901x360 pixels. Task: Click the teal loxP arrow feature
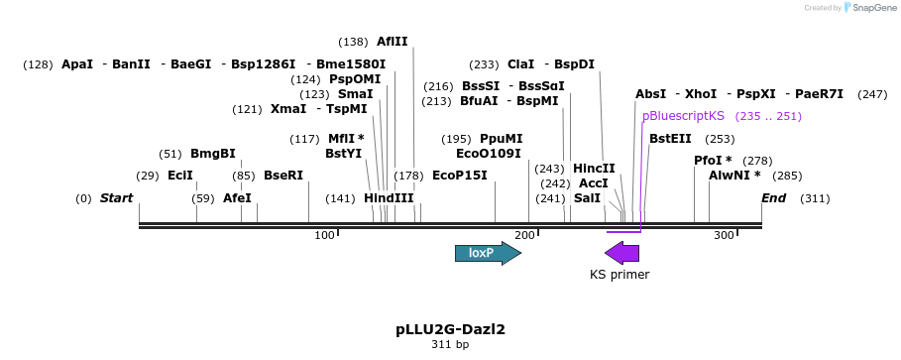coord(487,253)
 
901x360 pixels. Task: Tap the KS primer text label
coord(619,275)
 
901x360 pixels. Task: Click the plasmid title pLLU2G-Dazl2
coord(450,327)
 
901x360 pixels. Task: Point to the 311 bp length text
coord(450,345)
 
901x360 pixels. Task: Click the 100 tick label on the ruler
coord(324,235)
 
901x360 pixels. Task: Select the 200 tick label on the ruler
coord(524,235)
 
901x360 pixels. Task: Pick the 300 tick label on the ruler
coord(724,235)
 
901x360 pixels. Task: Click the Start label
coord(116,198)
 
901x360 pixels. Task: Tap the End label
coord(773,198)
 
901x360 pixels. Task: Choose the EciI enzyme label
coord(179,176)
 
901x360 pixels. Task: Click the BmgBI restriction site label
coord(213,154)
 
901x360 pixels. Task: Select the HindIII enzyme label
coord(389,198)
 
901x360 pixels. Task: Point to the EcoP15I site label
coord(460,176)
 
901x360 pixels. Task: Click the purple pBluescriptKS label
coord(683,116)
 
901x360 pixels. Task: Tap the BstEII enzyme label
coord(670,139)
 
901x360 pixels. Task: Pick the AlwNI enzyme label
coord(734,176)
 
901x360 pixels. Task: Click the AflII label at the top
coord(392,42)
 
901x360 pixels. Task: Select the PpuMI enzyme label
coord(501,139)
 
